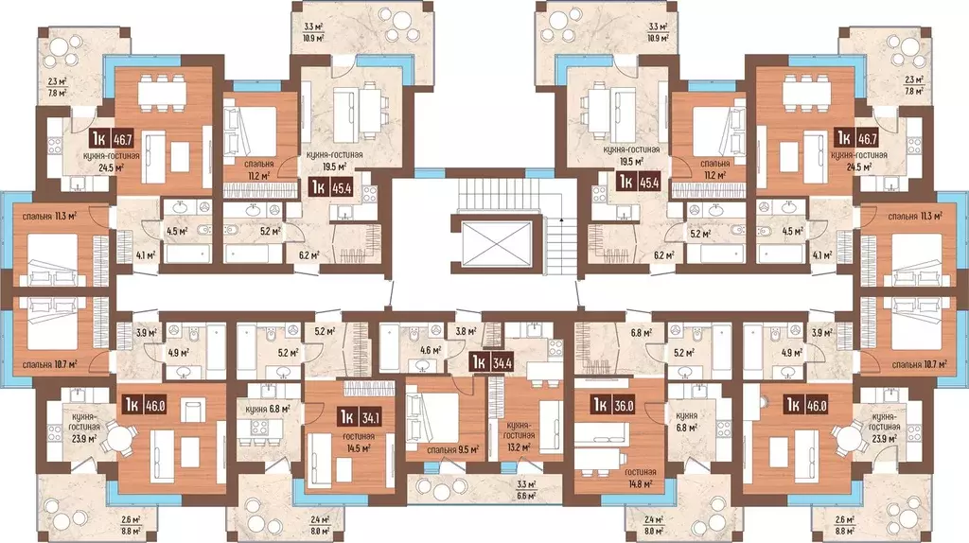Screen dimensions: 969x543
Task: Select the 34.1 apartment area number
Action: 370,418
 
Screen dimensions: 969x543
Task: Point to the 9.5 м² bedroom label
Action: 453,450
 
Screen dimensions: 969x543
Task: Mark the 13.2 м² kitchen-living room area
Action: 519,447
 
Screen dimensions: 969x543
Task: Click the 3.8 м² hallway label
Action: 466,331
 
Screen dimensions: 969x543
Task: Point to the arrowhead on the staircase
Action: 561,219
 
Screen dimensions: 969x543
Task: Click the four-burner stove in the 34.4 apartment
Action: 555,347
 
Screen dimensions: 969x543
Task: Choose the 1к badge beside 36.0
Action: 599,405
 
